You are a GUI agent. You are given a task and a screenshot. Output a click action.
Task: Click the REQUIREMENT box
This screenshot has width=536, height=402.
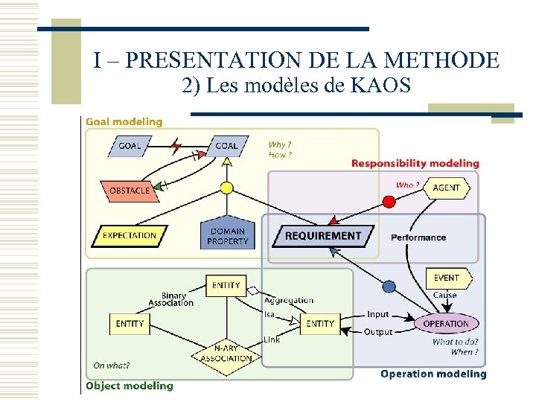(x=322, y=235)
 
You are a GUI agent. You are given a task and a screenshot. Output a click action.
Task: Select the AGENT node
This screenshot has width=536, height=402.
(x=446, y=188)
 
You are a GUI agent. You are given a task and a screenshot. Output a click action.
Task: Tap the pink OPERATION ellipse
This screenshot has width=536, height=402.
(x=445, y=324)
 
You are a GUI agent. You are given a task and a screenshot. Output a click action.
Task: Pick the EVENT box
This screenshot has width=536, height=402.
(x=447, y=278)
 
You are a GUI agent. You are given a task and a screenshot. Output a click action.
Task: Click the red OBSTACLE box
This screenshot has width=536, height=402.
(x=130, y=191)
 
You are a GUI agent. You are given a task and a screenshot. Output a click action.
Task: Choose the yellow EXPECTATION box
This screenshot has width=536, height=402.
(x=129, y=235)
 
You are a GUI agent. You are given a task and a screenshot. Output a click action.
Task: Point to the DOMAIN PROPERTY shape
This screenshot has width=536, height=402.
(x=227, y=236)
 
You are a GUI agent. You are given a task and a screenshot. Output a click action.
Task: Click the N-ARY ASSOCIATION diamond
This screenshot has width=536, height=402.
(x=226, y=354)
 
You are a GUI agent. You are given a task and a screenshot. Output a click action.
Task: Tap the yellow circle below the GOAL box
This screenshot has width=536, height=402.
(x=226, y=188)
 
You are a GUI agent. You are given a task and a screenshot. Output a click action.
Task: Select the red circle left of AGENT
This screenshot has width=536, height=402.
(x=389, y=201)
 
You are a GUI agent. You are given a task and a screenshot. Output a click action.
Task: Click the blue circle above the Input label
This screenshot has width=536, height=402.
(x=388, y=286)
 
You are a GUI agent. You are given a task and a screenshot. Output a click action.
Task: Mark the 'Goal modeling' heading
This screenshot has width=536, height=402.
(x=124, y=121)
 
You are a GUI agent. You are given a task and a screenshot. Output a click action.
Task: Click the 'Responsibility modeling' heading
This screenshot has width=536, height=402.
(x=415, y=163)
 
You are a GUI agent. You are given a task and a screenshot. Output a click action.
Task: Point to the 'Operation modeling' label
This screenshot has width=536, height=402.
(x=433, y=374)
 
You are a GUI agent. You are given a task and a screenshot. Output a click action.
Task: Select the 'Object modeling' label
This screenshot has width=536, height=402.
(x=130, y=386)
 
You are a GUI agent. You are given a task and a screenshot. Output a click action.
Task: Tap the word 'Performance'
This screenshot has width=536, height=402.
(x=418, y=237)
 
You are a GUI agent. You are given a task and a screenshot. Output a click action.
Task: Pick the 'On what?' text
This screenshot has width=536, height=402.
(x=111, y=366)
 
